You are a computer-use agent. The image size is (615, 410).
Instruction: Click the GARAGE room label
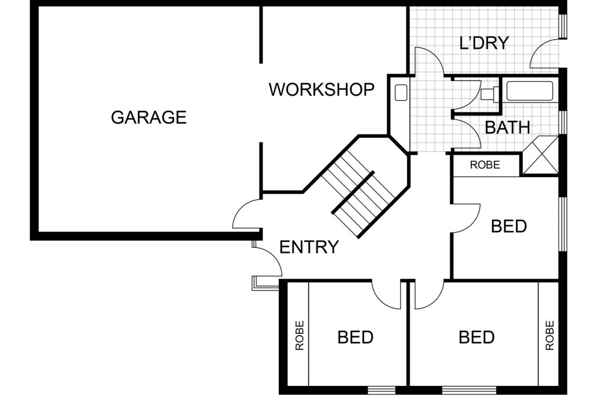point(149,118)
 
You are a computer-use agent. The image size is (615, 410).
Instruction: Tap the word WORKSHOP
point(322,90)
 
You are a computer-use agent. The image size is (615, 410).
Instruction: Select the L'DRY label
point(484,43)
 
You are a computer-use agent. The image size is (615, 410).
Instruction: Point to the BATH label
point(507,127)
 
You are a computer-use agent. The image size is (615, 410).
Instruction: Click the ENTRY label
point(309,247)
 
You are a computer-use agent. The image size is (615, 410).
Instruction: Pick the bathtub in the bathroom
point(530,91)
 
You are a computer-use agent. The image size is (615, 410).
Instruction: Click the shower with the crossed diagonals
point(541,155)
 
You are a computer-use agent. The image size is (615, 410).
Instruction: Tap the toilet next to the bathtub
point(489,94)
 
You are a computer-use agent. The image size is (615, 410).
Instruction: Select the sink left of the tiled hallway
point(401,93)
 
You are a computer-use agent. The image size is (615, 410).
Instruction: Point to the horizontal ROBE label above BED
point(485,165)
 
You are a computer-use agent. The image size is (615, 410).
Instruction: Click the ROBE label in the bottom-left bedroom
point(300,336)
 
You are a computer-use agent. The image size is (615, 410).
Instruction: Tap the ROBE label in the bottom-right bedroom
point(550,336)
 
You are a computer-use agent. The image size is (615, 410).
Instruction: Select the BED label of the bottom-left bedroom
point(356,337)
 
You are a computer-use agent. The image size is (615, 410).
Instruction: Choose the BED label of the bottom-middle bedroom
point(476,337)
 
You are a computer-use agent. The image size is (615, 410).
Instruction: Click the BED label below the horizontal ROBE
point(509,226)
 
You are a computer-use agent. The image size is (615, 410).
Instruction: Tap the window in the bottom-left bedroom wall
point(381,390)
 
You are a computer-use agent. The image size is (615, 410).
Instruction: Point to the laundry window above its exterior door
point(563,26)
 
